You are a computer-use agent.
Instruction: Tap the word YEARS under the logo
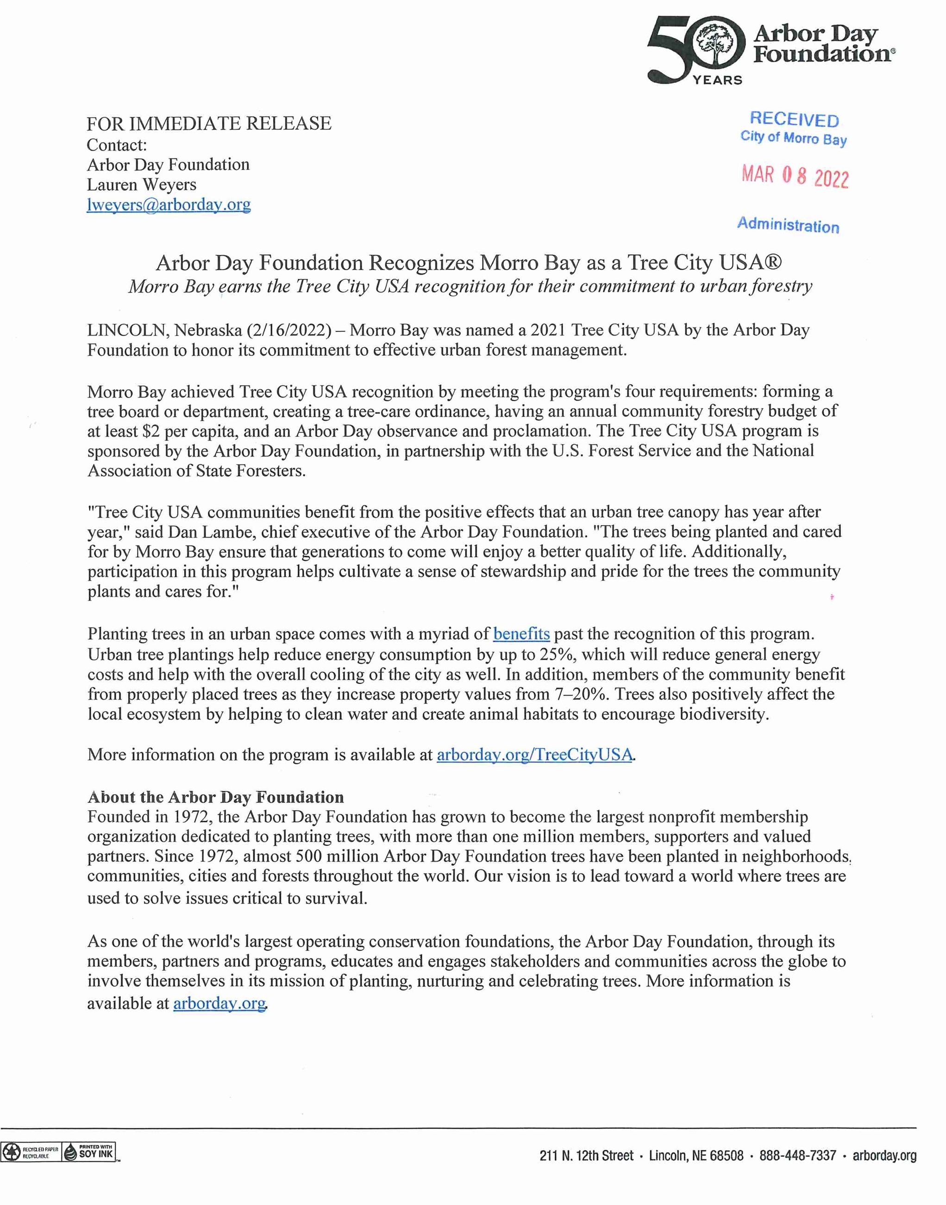coord(717,80)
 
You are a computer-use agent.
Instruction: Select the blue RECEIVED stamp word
coord(794,119)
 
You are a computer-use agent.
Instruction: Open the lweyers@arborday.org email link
coord(169,204)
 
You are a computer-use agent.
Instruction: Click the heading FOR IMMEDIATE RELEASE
coord(209,123)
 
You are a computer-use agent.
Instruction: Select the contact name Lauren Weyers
coord(141,184)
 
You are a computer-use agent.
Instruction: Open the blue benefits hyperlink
coord(521,634)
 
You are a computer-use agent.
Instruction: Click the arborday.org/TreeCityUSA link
coord(534,755)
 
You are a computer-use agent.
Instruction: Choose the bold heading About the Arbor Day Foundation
coord(215,797)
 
